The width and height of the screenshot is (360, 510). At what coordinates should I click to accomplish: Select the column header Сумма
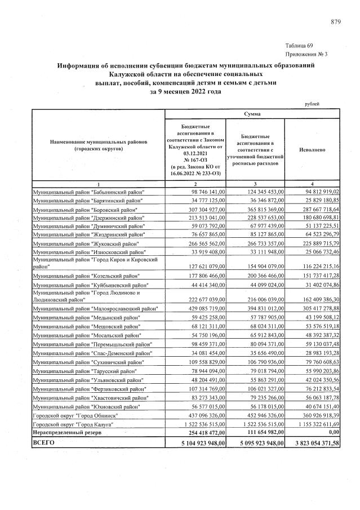(252, 114)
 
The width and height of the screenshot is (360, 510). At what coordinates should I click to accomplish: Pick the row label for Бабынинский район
(88, 193)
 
